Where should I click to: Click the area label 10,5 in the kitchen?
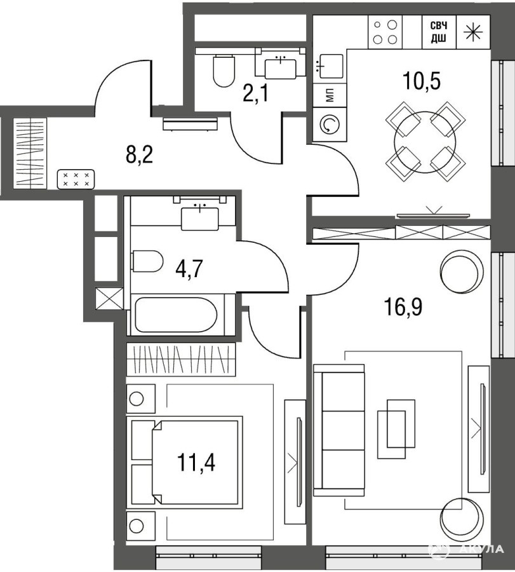click(421, 81)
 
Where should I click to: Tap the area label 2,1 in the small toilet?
click(255, 94)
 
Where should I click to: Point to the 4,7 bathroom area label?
click(189, 270)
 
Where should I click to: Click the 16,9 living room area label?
click(403, 307)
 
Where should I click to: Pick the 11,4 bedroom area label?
click(196, 462)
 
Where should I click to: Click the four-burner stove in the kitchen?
click(385, 32)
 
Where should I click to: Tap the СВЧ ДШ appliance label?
click(439, 32)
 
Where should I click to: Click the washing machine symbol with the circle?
click(330, 125)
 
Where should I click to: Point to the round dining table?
click(425, 142)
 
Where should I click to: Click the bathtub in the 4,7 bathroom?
click(176, 315)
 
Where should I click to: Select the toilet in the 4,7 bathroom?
click(147, 261)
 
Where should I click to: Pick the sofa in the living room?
click(339, 430)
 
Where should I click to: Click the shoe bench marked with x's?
click(76, 179)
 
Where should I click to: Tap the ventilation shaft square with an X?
click(109, 299)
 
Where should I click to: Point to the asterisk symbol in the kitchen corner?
click(472, 32)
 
